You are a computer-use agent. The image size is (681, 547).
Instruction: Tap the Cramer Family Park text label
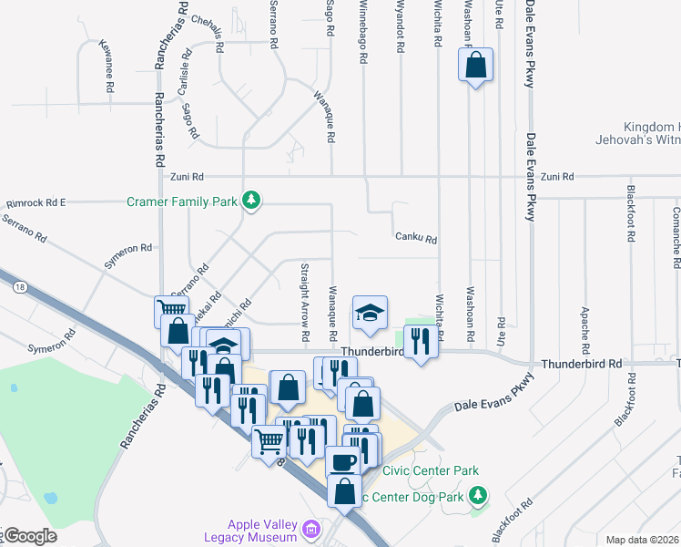click(x=182, y=201)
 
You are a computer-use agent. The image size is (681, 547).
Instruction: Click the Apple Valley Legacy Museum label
click(x=263, y=531)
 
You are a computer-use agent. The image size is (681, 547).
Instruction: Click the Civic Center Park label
click(x=431, y=471)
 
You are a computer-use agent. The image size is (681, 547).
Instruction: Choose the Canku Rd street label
click(x=416, y=240)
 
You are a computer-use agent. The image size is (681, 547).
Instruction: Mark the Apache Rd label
click(x=584, y=328)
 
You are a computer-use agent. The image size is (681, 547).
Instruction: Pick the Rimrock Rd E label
click(x=36, y=202)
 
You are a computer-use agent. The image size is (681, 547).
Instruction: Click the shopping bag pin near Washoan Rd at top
click(x=475, y=66)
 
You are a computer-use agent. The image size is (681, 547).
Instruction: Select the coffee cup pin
click(x=344, y=460)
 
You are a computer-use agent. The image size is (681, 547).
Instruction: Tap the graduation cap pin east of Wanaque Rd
click(x=370, y=313)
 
